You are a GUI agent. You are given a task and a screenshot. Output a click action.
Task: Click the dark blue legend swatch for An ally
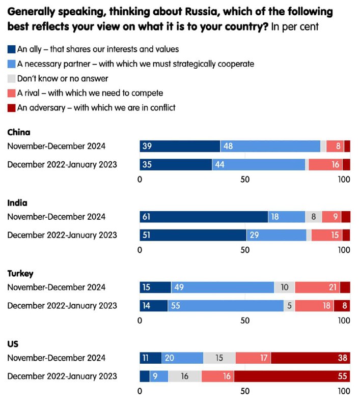click(11, 50)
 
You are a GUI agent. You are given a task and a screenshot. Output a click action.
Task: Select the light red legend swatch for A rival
click(11, 93)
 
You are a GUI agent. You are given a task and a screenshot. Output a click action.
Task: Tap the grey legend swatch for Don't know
click(11, 79)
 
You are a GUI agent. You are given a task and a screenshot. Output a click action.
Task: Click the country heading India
click(17, 203)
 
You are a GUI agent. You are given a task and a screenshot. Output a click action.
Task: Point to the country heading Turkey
click(20, 274)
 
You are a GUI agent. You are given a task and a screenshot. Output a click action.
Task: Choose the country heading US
click(13, 344)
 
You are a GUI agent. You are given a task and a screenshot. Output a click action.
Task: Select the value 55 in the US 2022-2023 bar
click(342, 377)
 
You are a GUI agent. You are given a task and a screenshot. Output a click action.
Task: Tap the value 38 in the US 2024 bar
click(342, 358)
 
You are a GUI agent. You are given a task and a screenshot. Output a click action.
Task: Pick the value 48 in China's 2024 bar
click(228, 146)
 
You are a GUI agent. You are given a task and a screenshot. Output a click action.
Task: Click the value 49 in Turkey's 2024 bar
click(179, 287)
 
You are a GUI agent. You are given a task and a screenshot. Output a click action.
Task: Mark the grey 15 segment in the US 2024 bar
click(219, 358)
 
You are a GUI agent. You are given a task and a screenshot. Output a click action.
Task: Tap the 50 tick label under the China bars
click(245, 179)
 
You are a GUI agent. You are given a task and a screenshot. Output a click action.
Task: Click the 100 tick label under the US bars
click(344, 391)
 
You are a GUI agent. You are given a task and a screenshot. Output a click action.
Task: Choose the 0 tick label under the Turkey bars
click(140, 321)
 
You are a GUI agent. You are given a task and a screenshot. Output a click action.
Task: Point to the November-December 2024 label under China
click(56, 146)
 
